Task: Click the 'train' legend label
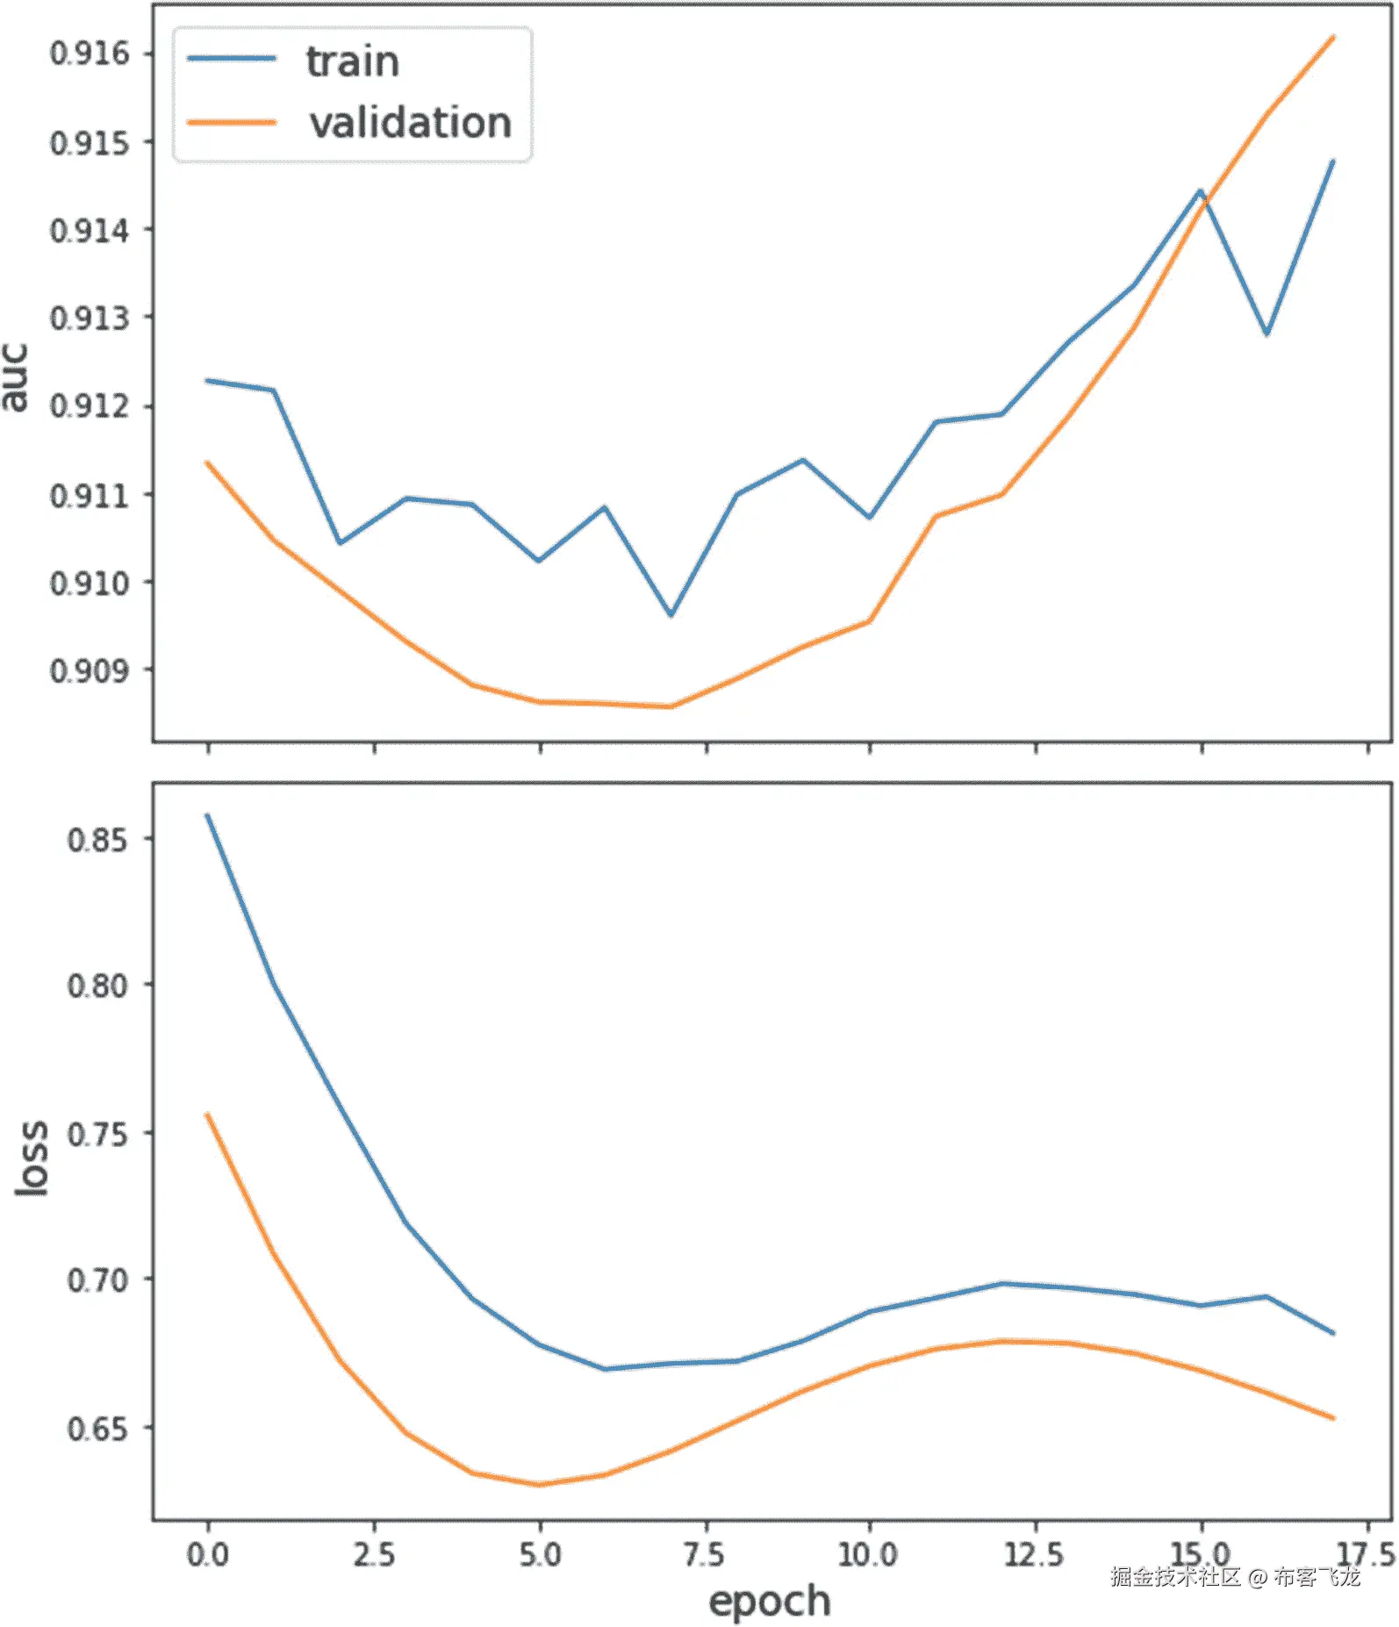point(352,61)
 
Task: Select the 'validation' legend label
point(410,123)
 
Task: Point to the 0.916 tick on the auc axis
point(90,54)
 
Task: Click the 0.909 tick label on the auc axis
point(90,671)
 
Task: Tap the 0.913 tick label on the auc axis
point(90,318)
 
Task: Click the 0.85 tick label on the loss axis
point(97,840)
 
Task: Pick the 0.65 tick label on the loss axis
point(97,1429)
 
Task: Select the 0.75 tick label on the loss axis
point(97,1134)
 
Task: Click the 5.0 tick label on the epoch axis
point(540,1555)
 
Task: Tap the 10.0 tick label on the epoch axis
point(868,1555)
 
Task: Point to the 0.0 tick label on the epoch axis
point(208,1555)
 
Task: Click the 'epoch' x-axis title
point(769,1601)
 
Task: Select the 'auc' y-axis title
point(16,377)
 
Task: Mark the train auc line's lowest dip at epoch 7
point(671,615)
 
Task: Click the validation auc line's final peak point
point(1333,37)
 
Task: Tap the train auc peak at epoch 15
point(1200,190)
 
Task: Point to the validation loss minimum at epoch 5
point(540,1485)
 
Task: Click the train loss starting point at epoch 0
point(208,815)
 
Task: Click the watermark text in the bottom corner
point(1235,1577)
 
